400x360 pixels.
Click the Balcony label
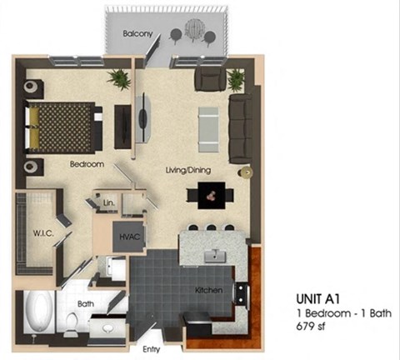click(136, 34)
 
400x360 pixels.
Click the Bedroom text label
click(87, 164)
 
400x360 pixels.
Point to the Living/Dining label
click(187, 170)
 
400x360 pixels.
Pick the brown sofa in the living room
click(241, 127)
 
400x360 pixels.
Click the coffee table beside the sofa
click(208, 127)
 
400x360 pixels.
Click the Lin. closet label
click(108, 202)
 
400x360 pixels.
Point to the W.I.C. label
click(44, 233)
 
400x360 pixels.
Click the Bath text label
click(85, 304)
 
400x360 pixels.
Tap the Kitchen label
click(207, 289)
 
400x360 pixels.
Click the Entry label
click(152, 349)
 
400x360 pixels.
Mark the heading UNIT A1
click(320, 297)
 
